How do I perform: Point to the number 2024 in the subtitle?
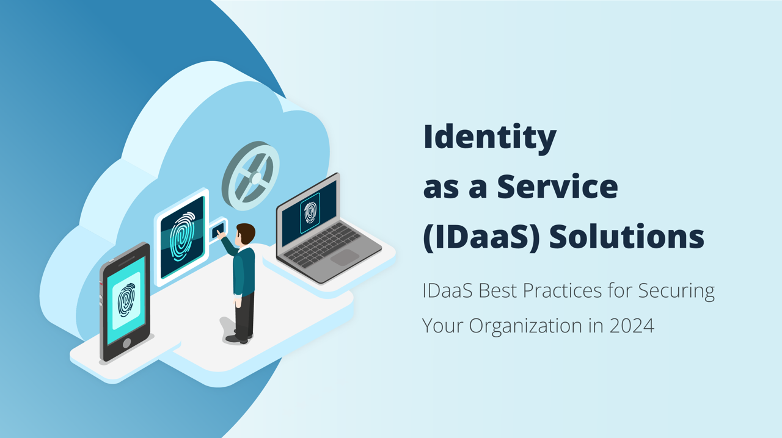point(632,326)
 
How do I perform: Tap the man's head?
point(246,233)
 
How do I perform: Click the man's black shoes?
point(238,337)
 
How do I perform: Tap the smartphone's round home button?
point(127,343)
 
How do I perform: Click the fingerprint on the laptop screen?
point(310,212)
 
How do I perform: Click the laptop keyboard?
point(324,243)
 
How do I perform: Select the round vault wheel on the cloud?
point(250,176)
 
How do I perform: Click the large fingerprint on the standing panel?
point(181,237)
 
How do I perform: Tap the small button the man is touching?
point(217,231)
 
